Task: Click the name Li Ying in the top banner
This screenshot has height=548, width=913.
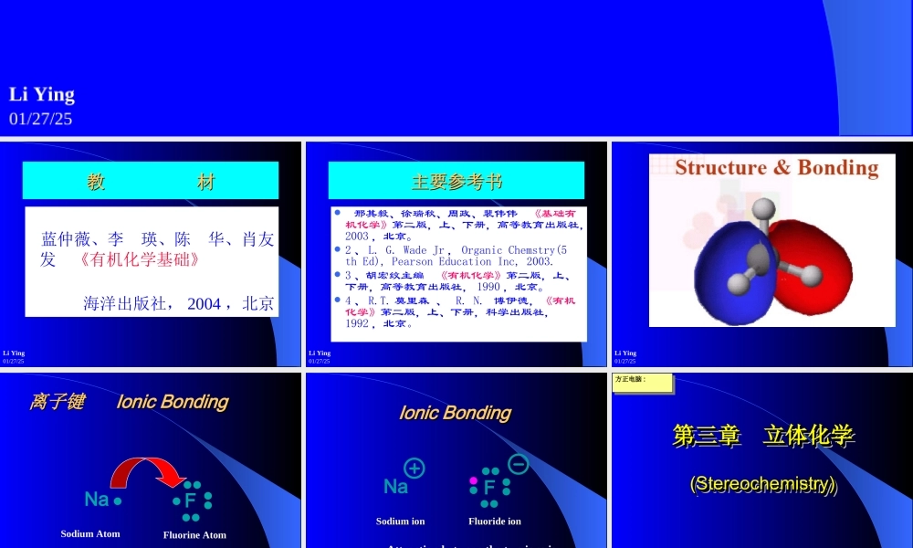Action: click(x=42, y=94)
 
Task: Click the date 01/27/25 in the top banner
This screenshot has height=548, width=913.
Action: click(x=41, y=119)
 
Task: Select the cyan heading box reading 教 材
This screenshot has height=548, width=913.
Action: click(x=151, y=181)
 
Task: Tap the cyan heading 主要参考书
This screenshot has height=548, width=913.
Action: click(x=456, y=181)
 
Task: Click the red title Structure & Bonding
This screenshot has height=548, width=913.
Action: click(x=776, y=167)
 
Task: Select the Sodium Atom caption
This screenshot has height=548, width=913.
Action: click(x=90, y=533)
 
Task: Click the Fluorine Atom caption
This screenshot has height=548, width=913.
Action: click(x=194, y=534)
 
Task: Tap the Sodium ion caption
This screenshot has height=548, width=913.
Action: click(x=400, y=522)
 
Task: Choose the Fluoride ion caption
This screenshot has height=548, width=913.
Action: click(x=495, y=522)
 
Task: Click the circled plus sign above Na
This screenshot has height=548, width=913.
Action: click(x=415, y=469)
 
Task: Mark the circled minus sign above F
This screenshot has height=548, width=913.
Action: click(x=518, y=464)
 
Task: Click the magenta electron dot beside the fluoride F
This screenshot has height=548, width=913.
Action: click(x=473, y=480)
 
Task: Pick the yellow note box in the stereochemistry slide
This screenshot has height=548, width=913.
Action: click(x=643, y=383)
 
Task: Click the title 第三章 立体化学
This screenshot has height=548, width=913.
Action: click(x=763, y=437)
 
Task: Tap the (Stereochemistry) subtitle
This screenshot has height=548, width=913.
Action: click(x=763, y=483)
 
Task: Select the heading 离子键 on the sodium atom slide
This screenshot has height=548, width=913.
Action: click(x=57, y=402)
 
